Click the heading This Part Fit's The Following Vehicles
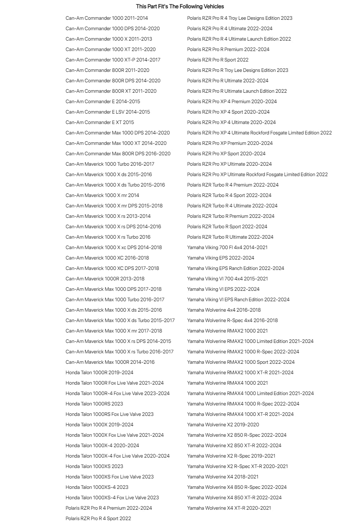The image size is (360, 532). coord(180,6)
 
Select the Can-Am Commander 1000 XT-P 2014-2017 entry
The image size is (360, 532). coord(113,60)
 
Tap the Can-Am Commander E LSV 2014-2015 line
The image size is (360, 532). coord(108,112)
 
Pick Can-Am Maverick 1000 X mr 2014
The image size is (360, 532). coord(102,195)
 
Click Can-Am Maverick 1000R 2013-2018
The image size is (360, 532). coord(105,279)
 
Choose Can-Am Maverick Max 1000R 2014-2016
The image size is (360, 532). coord(110,362)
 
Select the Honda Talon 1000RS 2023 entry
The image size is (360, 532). coord(94,404)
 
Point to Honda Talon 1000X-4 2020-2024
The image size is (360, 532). coord(102,445)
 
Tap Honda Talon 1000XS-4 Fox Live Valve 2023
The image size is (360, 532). coord(112,497)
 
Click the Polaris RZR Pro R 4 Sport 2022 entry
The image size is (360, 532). coord(98,518)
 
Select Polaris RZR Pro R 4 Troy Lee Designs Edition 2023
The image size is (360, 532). coord(240,18)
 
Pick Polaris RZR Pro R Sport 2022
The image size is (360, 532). coord(218,60)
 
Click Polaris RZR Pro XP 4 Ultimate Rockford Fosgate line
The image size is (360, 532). coord(259,133)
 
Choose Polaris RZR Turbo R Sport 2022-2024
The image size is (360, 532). coord(227,226)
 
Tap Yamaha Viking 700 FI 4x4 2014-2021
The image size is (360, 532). coord(227,247)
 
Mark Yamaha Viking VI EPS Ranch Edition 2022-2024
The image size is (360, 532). coord(238,299)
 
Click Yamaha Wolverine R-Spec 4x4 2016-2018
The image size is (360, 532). coord(232,320)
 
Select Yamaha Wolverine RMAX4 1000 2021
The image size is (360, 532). coord(227,383)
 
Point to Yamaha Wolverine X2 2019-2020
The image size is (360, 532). coord(223,425)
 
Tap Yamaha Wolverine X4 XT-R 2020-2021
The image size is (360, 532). coord(229,508)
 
